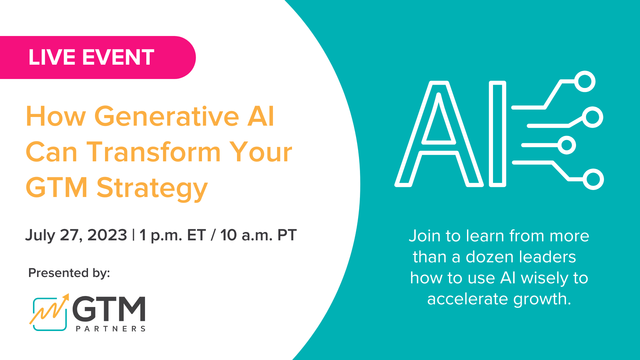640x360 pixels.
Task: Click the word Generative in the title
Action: (167, 117)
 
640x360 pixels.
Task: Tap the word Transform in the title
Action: (154, 152)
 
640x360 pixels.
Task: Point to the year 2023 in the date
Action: (107, 235)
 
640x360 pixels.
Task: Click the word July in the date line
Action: (40, 236)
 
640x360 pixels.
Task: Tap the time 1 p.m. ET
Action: (172, 235)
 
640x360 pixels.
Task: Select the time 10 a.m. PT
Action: (258, 235)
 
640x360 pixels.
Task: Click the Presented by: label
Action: (69, 273)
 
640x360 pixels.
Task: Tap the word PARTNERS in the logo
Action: (111, 329)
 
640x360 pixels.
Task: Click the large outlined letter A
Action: (439, 133)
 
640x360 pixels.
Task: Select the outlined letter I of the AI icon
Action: (497, 133)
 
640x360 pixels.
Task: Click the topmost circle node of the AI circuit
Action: (585, 81)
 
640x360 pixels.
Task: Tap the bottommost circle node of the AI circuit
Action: (593, 179)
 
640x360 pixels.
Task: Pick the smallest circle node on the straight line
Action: (566, 145)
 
